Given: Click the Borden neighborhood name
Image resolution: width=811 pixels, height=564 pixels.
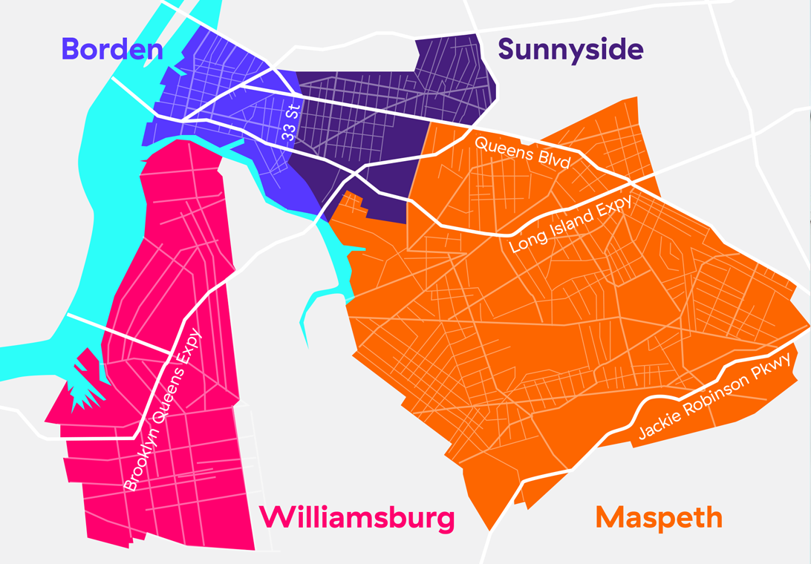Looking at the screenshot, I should pos(111,49).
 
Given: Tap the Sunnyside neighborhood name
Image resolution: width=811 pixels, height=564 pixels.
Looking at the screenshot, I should pos(570,50).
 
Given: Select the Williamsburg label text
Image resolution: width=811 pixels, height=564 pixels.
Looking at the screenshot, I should pos(358,518).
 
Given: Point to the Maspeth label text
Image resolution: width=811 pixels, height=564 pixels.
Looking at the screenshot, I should pos(659,517).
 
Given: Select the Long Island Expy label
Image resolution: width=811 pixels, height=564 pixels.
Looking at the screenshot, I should pos(571,224).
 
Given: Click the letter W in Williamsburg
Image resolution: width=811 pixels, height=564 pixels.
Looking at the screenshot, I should pos(275,518).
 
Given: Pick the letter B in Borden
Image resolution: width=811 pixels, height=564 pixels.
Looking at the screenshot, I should pos(70,49).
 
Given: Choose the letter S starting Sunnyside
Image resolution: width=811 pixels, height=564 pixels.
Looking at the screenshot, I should pos(507,50).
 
